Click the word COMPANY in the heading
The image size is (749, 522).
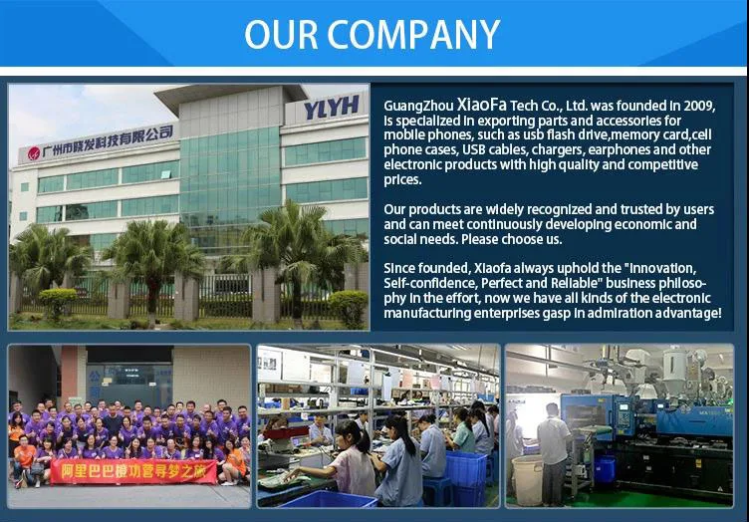tap(413, 35)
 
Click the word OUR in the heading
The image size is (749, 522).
tap(281, 35)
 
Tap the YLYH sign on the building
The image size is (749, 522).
tap(332, 107)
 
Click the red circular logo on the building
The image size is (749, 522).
tap(34, 153)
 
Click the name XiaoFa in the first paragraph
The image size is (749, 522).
tap(481, 105)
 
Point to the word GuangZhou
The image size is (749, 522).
tap(418, 106)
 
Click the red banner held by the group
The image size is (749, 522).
tap(133, 472)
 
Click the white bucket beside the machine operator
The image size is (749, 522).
tap(527, 479)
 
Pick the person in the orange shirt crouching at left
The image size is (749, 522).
tap(25, 461)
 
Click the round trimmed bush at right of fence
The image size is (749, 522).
tap(349, 307)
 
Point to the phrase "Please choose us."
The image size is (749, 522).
tap(511, 239)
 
